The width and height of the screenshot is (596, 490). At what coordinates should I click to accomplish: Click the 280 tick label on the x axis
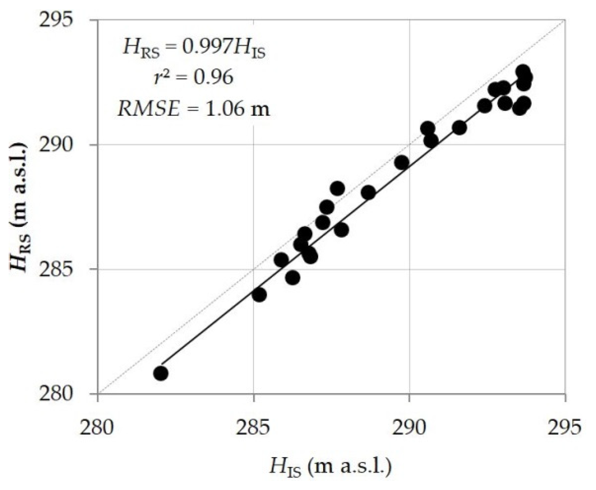click(x=98, y=427)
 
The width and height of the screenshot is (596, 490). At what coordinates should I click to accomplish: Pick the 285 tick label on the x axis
click(x=254, y=427)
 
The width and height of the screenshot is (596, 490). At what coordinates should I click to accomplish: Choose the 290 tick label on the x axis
click(x=410, y=427)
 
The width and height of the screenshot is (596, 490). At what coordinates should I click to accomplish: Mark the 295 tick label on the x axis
click(x=565, y=427)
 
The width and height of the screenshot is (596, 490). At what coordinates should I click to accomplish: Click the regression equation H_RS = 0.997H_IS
click(x=194, y=49)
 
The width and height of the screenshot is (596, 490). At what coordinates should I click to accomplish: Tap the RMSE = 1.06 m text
click(x=194, y=107)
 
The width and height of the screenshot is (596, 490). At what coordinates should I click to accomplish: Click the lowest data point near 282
click(x=161, y=373)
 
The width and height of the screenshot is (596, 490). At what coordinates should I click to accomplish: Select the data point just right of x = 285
click(x=259, y=295)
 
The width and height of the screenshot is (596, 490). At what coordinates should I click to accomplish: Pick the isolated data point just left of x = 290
click(x=402, y=163)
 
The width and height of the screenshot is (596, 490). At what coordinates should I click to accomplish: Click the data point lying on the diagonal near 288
click(x=337, y=188)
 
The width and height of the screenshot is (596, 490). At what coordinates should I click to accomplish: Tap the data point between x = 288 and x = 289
click(x=368, y=193)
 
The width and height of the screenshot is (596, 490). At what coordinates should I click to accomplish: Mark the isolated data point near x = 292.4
click(x=484, y=106)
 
